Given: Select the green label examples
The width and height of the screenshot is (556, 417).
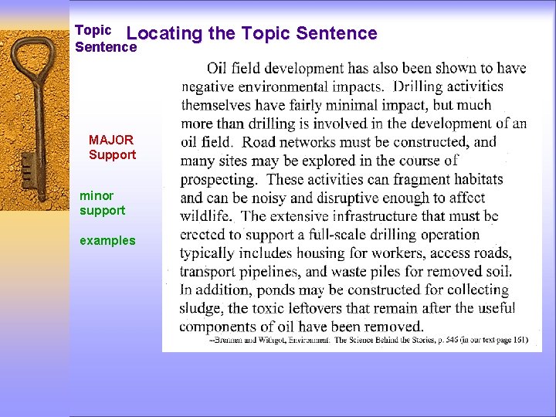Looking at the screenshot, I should [x=107, y=240].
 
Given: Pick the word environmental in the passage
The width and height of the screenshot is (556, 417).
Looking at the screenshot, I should [x=284, y=86].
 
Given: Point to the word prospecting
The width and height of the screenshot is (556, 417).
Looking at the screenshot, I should [x=219, y=179].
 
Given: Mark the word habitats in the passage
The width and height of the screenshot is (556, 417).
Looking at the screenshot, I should [x=477, y=179].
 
